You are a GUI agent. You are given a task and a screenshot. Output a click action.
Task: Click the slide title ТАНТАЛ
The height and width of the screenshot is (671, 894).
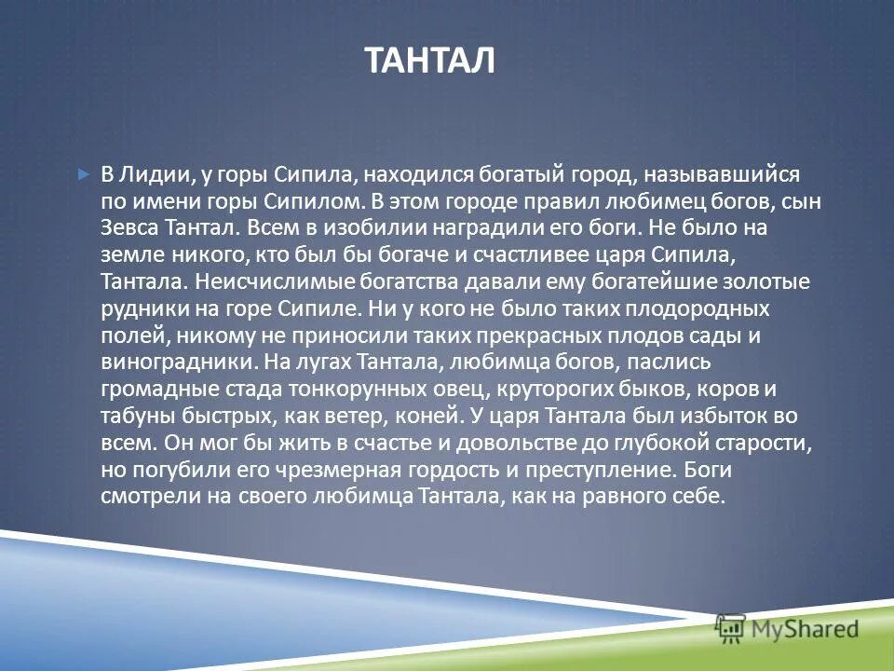[429, 62]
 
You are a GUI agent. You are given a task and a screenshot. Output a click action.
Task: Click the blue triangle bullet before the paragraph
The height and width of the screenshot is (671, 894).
[84, 173]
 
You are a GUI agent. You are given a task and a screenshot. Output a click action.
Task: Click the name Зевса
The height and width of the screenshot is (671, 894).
[130, 227]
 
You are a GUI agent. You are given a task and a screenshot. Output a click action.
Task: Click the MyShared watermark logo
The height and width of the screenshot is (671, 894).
[787, 629]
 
